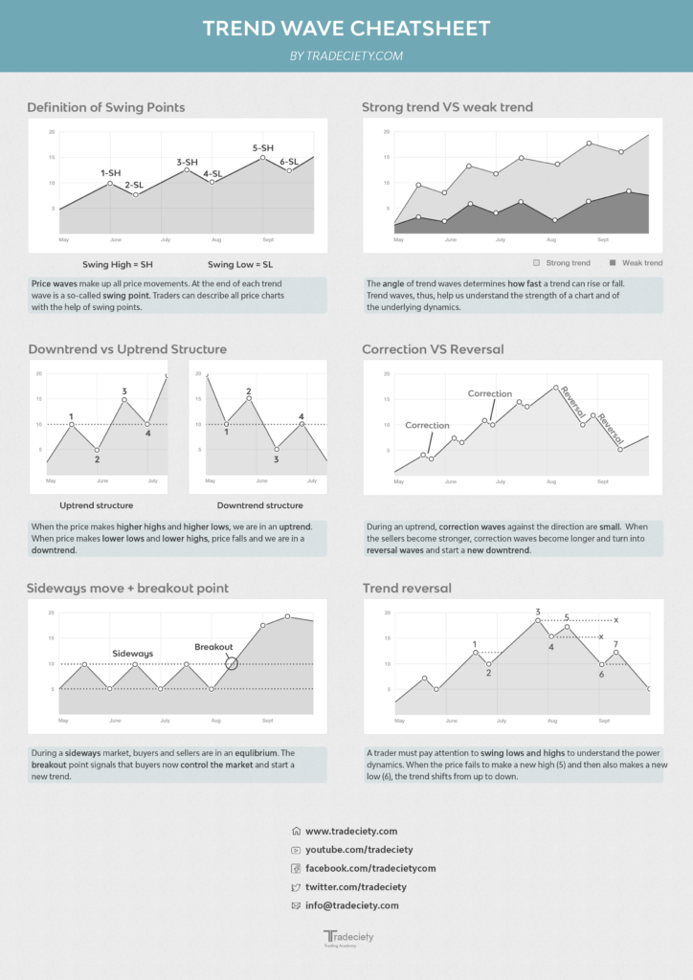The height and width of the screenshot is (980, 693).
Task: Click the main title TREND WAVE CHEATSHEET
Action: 346,29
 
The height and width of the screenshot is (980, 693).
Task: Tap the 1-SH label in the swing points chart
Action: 110,173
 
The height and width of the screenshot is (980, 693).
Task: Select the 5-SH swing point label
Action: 263,148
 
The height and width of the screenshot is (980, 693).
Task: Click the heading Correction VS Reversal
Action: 433,349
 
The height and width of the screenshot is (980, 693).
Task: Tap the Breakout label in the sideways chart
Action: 213,647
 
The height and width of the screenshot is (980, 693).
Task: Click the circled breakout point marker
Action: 231,663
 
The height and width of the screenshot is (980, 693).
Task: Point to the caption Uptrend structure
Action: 97,505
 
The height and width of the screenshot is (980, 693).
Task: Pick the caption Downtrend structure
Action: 260,505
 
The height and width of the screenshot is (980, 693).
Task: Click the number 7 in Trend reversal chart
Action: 615,644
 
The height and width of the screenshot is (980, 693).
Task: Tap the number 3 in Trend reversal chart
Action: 538,612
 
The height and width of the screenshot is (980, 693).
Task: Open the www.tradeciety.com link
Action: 351,832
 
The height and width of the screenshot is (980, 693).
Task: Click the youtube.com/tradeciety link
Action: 359,850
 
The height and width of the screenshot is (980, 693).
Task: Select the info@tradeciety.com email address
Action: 352,905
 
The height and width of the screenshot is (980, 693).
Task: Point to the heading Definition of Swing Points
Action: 106,107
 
